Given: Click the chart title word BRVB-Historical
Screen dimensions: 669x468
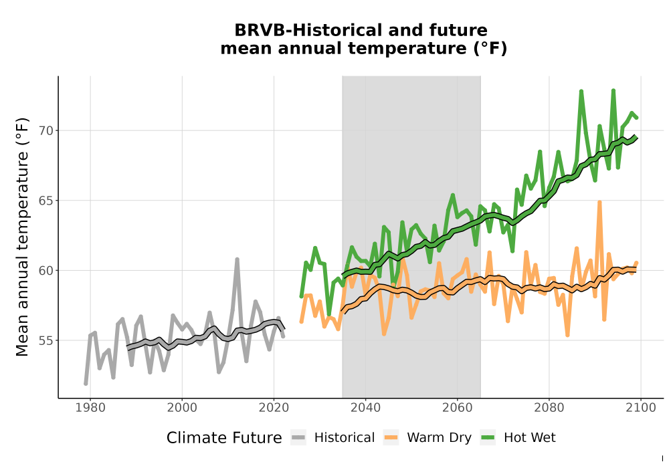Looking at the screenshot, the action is pyautogui.click(x=304, y=30).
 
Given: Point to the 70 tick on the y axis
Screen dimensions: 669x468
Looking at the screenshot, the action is pyautogui.click(x=46, y=131).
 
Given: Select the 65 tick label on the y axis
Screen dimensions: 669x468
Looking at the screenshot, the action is pyautogui.click(x=46, y=201).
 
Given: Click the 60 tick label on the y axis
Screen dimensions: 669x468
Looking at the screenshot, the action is pyautogui.click(x=46, y=271).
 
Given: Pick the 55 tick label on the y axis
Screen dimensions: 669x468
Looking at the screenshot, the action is pyautogui.click(x=46, y=340).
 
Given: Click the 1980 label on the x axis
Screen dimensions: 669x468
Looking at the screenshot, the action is pyautogui.click(x=90, y=408).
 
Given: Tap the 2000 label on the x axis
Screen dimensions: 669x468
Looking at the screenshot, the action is pyautogui.click(x=182, y=408).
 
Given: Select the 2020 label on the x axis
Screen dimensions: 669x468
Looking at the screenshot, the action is pyautogui.click(x=274, y=408).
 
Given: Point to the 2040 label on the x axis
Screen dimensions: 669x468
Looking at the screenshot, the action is pyautogui.click(x=365, y=408).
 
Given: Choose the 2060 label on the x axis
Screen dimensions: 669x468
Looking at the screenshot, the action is pyautogui.click(x=457, y=408).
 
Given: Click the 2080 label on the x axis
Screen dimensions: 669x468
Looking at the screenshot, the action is pyautogui.click(x=549, y=408).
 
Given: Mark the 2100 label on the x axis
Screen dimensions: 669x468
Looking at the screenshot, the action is pyautogui.click(x=640, y=408).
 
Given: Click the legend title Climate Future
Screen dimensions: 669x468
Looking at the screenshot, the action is pyautogui.click(x=224, y=438).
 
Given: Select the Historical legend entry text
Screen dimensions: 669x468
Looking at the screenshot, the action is pyautogui.click(x=345, y=438).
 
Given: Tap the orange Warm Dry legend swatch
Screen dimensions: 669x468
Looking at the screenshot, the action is pyautogui.click(x=391, y=438).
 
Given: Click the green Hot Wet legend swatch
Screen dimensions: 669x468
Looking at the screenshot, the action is pyautogui.click(x=488, y=438).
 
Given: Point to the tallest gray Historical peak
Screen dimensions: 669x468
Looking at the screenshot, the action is pyautogui.click(x=237, y=259).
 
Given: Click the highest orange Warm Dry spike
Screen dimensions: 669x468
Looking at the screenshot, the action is pyautogui.click(x=599, y=203).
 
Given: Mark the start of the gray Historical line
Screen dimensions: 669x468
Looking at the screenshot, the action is pyautogui.click(x=86, y=383).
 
